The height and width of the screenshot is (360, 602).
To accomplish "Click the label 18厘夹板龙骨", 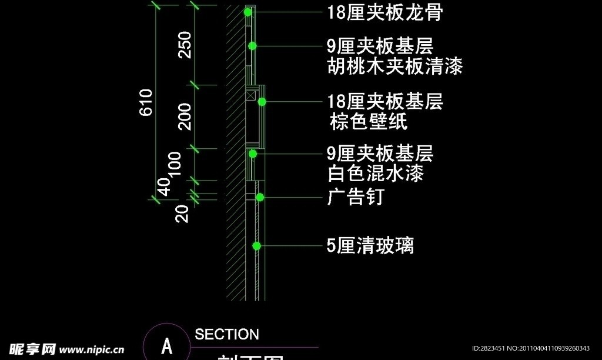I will point(384,12).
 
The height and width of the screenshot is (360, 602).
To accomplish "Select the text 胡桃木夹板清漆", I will point(394,67).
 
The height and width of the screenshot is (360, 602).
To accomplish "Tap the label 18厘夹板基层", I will point(385,102).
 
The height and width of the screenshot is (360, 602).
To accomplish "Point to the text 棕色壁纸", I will point(369,122).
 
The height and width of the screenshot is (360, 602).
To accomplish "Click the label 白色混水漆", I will point(375,174).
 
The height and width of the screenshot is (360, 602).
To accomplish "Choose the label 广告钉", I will point(355,197).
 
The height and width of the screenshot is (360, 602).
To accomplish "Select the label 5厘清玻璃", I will point(370,245).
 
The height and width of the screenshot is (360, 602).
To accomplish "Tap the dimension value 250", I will point(185,45).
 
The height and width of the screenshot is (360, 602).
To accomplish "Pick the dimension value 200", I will point(185,116).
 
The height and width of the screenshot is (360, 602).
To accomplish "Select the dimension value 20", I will point(183,213).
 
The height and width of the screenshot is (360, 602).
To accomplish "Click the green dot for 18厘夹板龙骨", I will point(248,12).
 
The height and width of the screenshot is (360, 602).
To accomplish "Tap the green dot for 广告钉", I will point(259,197).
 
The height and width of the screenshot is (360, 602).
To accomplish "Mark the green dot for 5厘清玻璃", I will point(256,245).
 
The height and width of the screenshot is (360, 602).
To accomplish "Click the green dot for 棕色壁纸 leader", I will point(262,102).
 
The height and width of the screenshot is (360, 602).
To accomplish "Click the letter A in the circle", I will point(167,345).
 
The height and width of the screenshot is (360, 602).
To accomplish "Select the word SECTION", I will point(227,335).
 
